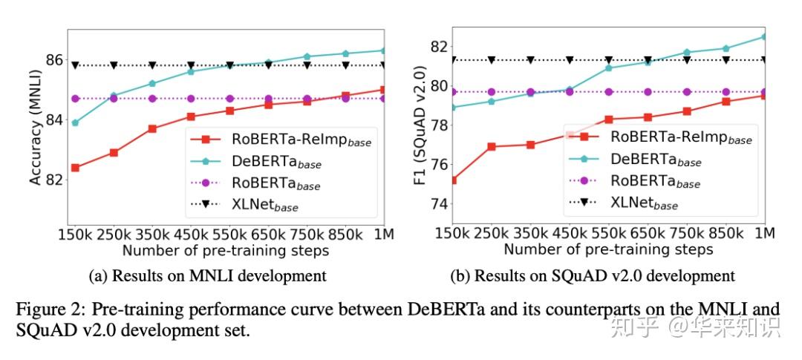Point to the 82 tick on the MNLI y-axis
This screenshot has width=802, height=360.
pyautogui.click(x=55, y=180)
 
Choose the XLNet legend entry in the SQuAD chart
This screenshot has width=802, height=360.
pyautogui.click(x=644, y=202)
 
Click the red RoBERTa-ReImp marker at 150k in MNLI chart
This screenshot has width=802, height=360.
pyautogui.click(x=76, y=168)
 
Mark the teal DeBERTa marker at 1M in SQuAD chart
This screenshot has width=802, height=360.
pyautogui.click(x=765, y=36)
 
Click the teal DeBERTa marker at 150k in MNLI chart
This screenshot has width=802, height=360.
pyautogui.click(x=76, y=122)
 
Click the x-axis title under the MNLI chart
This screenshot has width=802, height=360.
pyautogui.click(x=226, y=250)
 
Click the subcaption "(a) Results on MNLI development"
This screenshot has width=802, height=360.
pyautogui.click(x=207, y=276)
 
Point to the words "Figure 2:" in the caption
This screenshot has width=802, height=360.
pyautogui.click(x=44, y=308)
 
